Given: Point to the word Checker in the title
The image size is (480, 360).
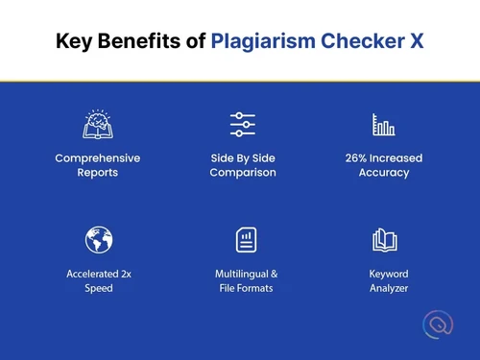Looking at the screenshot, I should pos(362,41).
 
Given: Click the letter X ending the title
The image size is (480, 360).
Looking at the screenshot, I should pos(415,41).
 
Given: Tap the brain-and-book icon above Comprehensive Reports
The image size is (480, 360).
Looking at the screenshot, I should pos(98,124).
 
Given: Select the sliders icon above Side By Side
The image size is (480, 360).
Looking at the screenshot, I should pos(243,124).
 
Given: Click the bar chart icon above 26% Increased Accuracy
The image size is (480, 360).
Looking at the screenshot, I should pos(383,125).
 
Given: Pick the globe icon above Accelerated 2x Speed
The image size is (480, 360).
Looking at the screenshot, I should pos(98,239).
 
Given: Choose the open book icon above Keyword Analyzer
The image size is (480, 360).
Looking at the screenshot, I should pos(384,239).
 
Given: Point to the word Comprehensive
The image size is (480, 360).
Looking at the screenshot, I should pos(98,157).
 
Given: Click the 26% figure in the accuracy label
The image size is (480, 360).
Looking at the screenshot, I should pos(358,157).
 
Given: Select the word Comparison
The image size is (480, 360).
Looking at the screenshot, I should pos(244,173).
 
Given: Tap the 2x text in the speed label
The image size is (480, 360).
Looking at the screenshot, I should pos(127,274).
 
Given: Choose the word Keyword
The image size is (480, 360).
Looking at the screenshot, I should pos(389,274).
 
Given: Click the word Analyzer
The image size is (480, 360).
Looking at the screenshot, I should pos(389,288).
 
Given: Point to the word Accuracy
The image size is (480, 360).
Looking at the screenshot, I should pos(384,173).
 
